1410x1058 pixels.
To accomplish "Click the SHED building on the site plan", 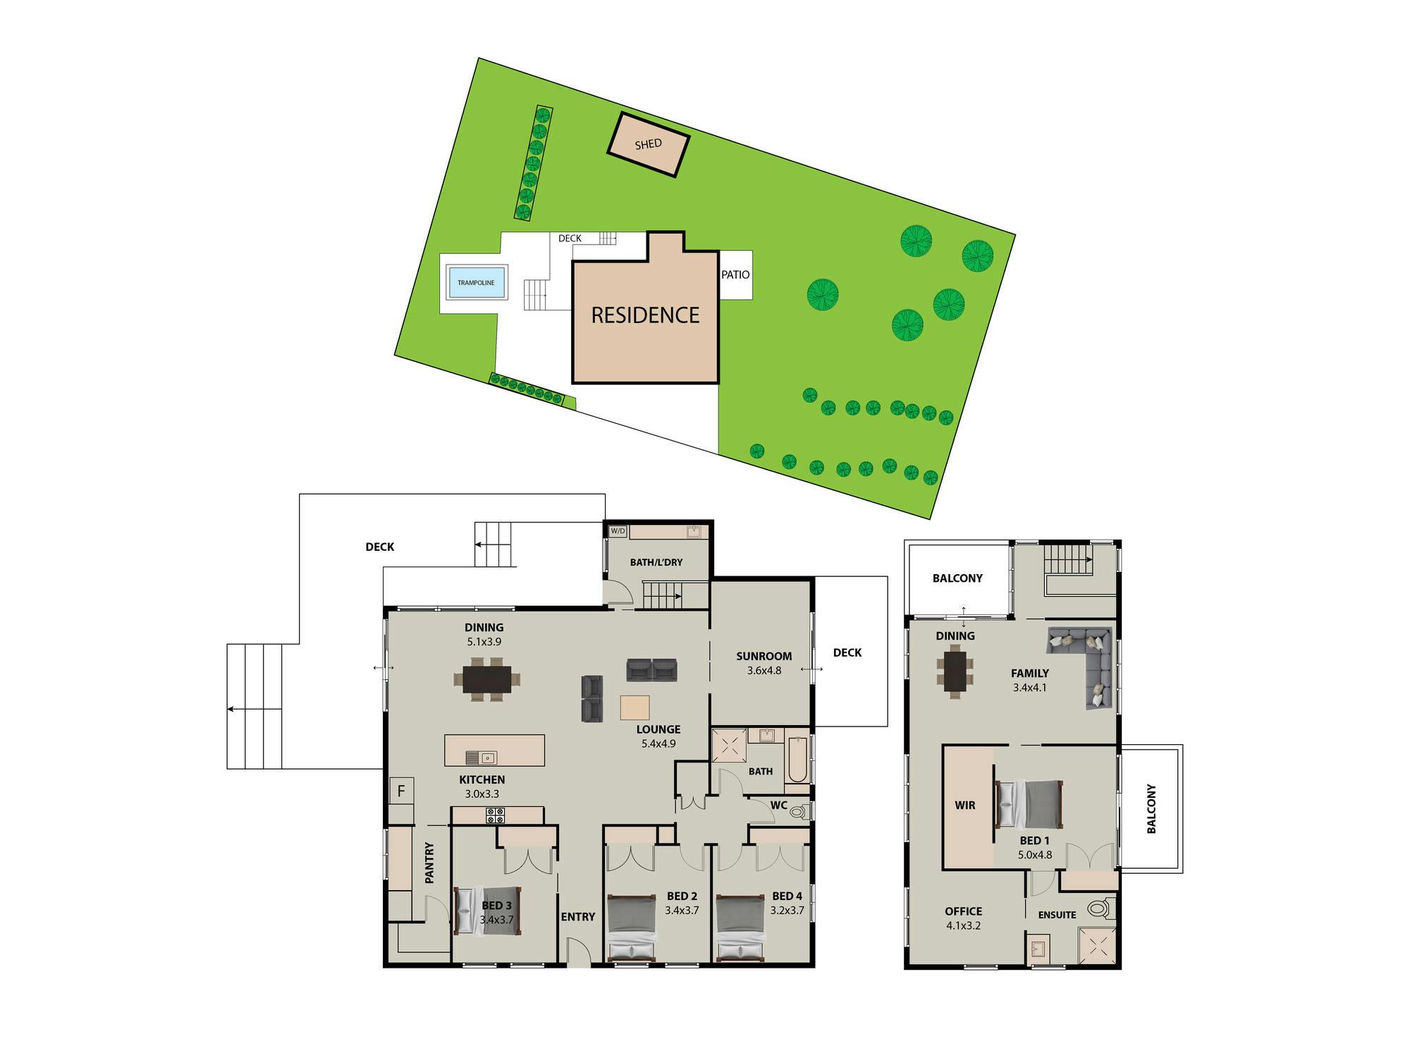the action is tap(649, 145).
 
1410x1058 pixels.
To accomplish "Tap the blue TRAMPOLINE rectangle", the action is tap(477, 282).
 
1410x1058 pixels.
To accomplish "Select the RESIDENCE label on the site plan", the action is tap(645, 315).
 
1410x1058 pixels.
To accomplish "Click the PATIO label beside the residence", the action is tap(735, 274).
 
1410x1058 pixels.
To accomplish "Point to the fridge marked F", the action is tap(401, 791).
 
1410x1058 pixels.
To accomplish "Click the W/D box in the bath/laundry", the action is tap(618, 531).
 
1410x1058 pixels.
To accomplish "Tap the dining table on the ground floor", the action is tap(487, 679).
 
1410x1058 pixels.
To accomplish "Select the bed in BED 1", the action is tap(1029, 804).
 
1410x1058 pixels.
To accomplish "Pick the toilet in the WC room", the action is tap(800, 812).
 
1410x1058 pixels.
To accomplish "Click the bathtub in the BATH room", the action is tap(797, 760).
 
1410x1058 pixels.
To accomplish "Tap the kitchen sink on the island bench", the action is tap(482, 758).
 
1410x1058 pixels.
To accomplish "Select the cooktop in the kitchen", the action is tap(496, 815).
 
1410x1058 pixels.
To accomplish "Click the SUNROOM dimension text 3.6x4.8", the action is tap(764, 671).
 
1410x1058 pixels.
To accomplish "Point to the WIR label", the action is tap(964, 805).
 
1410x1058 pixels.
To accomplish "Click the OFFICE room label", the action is tap(963, 911).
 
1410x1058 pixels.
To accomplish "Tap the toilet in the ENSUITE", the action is tap(1102, 908).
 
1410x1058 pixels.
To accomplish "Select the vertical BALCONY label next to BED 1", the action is tap(1151, 809).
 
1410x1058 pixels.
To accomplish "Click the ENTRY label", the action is tap(578, 917).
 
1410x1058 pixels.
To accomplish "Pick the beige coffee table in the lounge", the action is tap(635, 707).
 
